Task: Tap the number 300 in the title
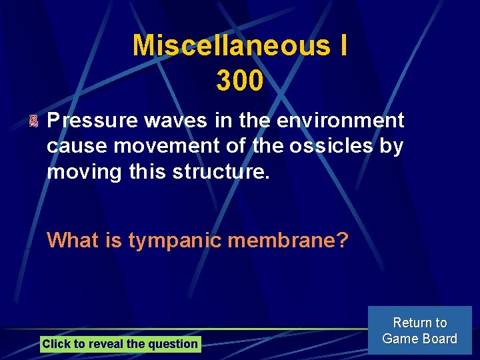[x=240, y=81]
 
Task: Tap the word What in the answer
[x=73, y=239]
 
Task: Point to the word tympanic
[x=175, y=239]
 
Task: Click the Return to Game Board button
[x=419, y=330]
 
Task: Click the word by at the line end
[x=391, y=147]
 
